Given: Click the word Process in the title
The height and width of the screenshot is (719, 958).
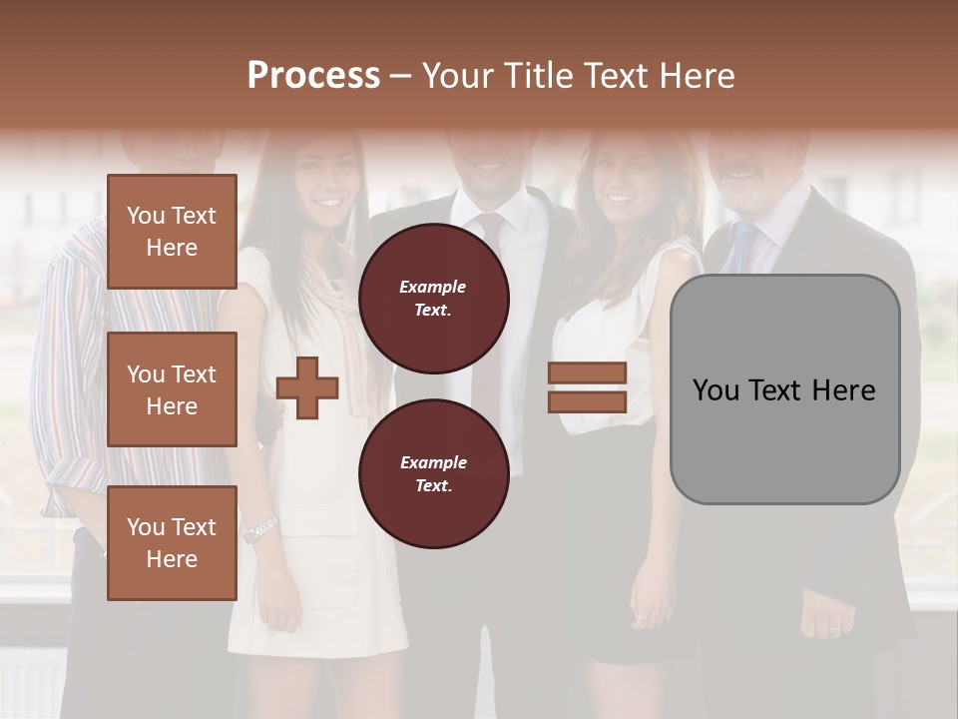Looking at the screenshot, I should click(x=313, y=75).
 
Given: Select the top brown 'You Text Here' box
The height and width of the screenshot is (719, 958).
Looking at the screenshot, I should click(x=172, y=232).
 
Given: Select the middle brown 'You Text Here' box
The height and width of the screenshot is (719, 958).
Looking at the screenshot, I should click(x=172, y=389).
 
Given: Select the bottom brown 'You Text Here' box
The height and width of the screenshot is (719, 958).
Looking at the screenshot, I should click(x=172, y=542).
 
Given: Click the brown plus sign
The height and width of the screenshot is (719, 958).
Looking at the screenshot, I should click(x=307, y=388).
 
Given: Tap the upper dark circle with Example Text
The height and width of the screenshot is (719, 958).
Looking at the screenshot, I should click(x=434, y=298).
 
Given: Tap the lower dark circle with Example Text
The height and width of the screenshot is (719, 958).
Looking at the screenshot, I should click(x=434, y=473).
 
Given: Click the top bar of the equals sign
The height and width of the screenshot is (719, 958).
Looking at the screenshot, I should click(x=587, y=372).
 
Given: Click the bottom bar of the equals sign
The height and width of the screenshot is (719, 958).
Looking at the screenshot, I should click(x=587, y=401).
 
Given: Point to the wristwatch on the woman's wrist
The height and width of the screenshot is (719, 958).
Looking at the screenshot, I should click(x=259, y=529).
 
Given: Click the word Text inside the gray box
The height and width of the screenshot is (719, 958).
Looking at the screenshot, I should click(x=784, y=390).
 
